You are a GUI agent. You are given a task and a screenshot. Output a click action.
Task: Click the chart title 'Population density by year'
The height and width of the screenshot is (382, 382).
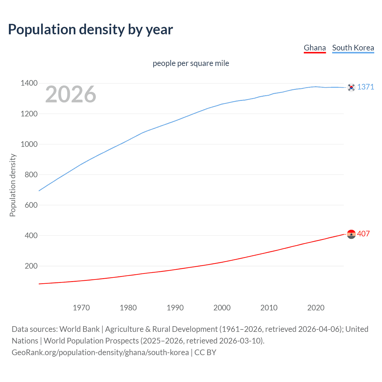click(90, 30)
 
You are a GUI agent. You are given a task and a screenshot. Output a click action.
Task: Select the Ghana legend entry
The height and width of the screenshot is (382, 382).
click(315, 48)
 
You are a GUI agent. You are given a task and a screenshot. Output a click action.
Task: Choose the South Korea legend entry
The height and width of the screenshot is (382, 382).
click(353, 48)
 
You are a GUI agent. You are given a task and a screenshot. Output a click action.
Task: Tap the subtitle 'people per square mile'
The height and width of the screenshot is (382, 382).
click(191, 63)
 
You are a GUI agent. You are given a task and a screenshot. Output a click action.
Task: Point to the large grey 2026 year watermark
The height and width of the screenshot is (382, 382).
click(71, 94)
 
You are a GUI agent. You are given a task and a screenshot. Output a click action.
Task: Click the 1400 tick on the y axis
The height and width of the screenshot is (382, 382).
click(29, 83)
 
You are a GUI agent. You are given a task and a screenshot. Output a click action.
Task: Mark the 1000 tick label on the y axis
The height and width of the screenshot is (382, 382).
click(29, 144)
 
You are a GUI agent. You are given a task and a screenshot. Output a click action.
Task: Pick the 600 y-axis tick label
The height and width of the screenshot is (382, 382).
click(31, 205)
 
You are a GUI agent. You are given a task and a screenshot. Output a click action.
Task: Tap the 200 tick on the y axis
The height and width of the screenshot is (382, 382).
click(31, 266)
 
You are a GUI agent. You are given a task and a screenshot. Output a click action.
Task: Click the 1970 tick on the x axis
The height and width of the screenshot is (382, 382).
click(81, 308)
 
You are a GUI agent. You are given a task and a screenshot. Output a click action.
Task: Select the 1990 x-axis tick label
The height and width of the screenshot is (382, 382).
click(175, 308)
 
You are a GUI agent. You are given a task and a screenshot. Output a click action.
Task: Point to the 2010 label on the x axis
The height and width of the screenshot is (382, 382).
click(269, 308)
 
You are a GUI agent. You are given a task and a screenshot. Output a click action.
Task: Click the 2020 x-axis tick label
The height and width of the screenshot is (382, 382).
click(316, 308)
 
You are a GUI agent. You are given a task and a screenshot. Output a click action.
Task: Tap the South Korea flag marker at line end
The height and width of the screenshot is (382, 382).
click(351, 87)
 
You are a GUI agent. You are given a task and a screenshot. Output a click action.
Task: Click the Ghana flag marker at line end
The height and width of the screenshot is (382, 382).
click(351, 234)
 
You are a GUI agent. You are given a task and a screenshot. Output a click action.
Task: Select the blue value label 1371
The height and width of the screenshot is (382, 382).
click(366, 87)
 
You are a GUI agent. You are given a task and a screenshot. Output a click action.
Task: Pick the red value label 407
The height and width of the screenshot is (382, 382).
click(363, 234)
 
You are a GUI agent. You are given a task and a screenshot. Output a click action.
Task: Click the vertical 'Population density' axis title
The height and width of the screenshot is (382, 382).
click(13, 185)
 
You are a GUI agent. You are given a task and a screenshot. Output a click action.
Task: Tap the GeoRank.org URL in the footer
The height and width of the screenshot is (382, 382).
click(100, 352)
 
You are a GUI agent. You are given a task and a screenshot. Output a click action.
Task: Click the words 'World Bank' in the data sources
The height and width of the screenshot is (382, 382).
click(79, 329)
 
